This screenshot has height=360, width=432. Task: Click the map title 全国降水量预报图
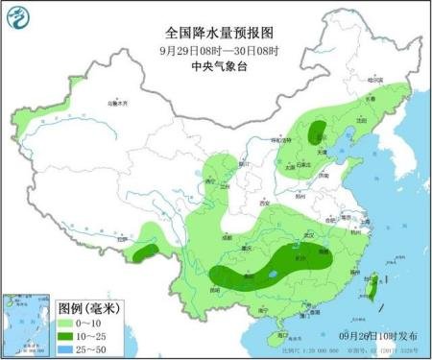coord(216,32)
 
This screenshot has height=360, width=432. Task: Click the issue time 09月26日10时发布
coord(378,335)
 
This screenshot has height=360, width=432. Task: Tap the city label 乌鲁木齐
coord(116,102)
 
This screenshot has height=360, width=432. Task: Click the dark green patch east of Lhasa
coord(144,252)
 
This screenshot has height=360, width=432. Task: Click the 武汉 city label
coord(305,234)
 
